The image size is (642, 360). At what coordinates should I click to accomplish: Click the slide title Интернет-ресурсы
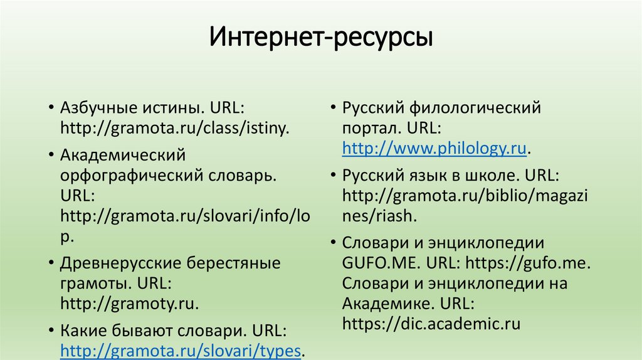pos(321,38)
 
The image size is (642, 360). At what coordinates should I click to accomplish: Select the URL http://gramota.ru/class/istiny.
pos(175,129)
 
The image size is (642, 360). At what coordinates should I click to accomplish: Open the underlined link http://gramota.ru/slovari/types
pos(182,349)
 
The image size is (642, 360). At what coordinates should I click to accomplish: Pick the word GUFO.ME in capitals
pos(377,262)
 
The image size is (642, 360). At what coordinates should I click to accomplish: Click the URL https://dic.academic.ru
pos(432,324)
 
